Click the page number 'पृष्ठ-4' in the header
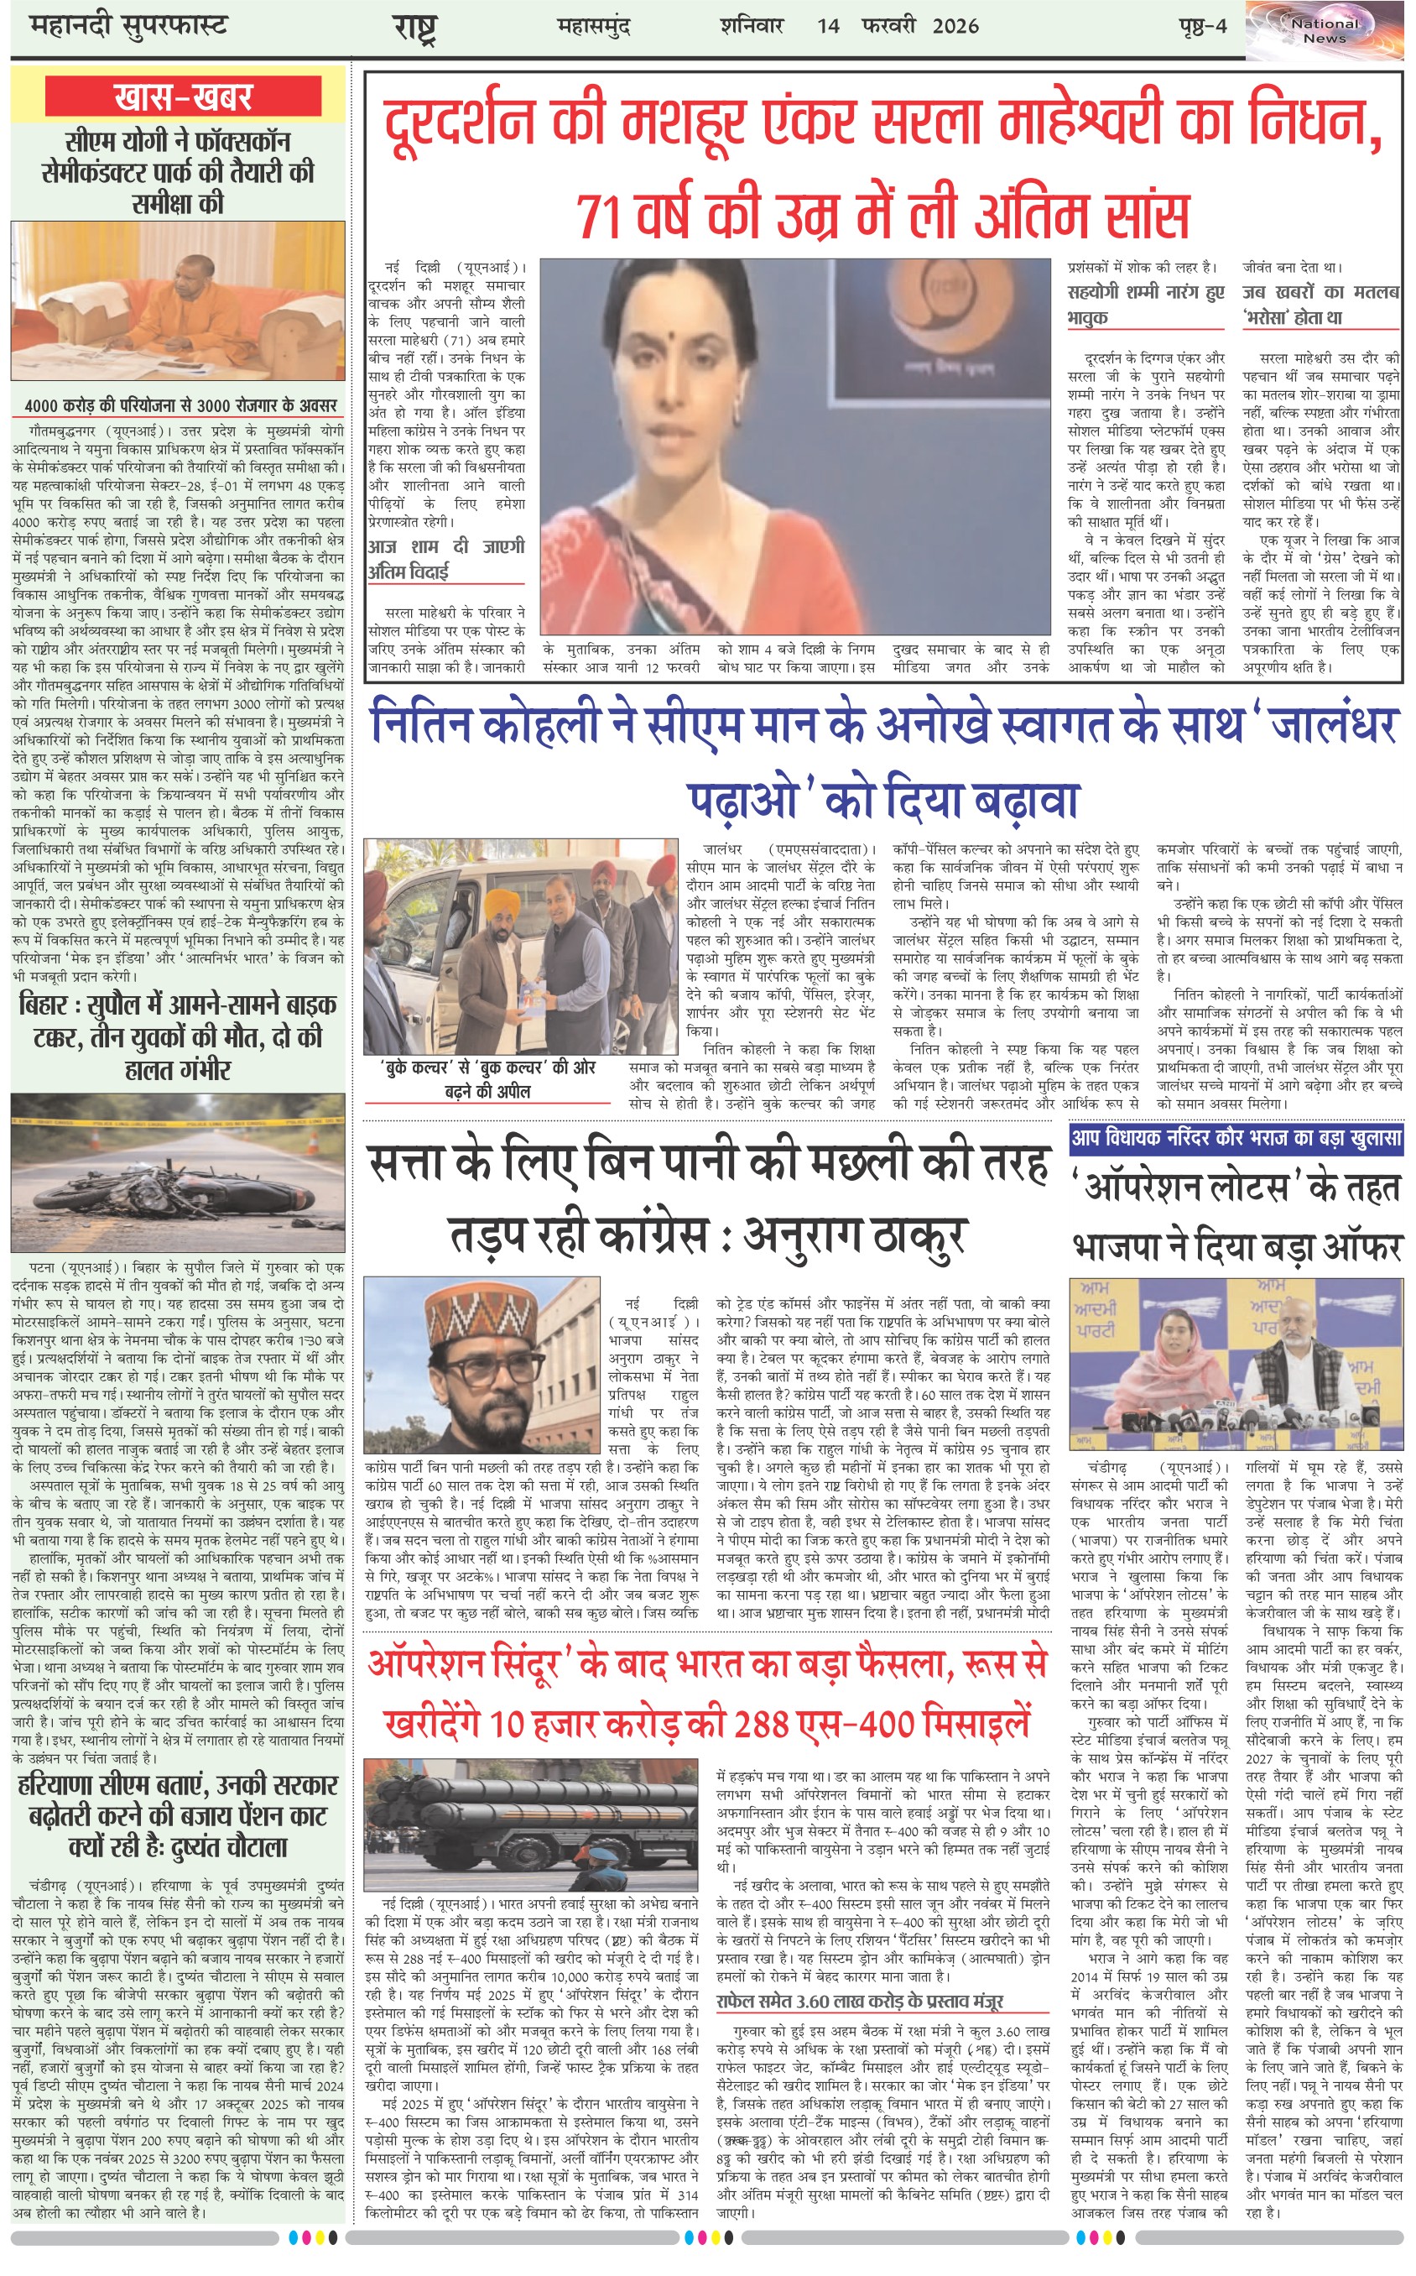tap(1202, 25)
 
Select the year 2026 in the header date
tap(955, 25)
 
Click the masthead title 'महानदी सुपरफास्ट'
tap(128, 25)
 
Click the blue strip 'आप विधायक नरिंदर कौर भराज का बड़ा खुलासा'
tap(1236, 1138)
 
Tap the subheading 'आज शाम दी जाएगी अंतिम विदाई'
tap(445, 558)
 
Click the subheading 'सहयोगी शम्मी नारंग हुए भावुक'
tap(1145, 305)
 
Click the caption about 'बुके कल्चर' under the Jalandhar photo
tap(488, 1078)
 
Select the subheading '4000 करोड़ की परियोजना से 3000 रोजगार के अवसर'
tap(180, 405)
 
